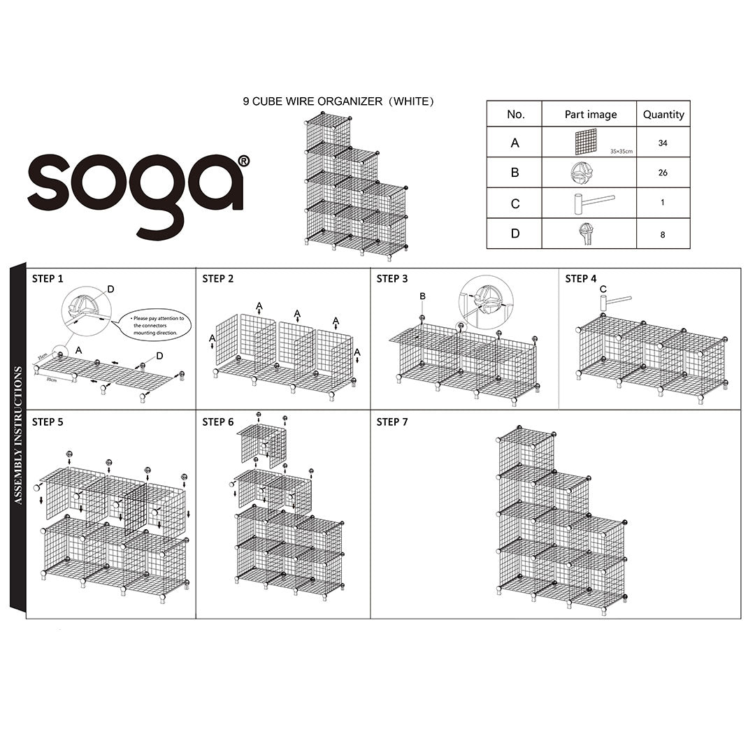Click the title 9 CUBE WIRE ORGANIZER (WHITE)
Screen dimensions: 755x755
coord(338,101)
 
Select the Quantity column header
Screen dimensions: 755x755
coord(663,114)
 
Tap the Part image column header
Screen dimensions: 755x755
coord(590,114)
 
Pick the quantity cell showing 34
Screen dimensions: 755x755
coord(663,143)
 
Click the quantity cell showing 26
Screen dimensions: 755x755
coord(663,173)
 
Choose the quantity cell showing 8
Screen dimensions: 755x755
coord(663,234)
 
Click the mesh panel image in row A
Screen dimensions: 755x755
coord(585,142)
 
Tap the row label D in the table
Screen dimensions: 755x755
coord(515,233)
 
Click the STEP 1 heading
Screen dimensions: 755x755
coord(48,278)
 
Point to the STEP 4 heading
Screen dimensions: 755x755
coord(581,278)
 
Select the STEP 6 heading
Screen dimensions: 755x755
coord(218,422)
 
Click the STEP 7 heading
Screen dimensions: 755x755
coord(392,422)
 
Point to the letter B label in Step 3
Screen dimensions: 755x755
coord(422,296)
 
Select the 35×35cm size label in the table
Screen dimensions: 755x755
coord(621,151)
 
